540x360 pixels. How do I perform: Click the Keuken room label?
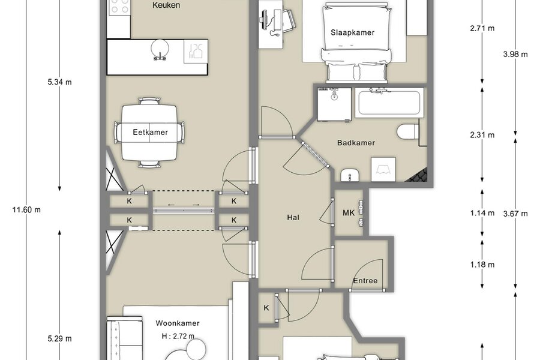[x=166, y=5]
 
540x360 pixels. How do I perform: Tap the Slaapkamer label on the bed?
[x=352, y=33]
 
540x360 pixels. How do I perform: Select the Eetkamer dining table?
[x=149, y=132]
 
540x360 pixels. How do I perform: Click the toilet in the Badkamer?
[x=407, y=132]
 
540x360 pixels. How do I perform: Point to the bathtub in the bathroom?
[x=389, y=103]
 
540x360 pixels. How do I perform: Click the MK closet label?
[x=349, y=213]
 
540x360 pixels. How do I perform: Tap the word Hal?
[x=293, y=217]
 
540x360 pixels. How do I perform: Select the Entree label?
[x=365, y=281]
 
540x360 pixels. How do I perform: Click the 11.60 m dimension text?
[x=26, y=209]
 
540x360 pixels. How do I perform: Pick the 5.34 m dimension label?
[x=59, y=82]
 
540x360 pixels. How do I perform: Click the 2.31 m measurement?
[x=482, y=135]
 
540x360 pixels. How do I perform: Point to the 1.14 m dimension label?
[x=482, y=213]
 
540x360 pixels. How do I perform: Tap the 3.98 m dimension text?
[x=515, y=54]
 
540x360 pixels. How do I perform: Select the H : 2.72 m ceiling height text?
[x=178, y=336]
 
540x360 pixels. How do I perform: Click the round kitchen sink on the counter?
[x=160, y=49]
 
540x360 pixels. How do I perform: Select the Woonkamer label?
[x=178, y=323]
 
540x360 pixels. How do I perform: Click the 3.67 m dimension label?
[x=515, y=214]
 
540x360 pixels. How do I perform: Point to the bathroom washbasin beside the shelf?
[x=350, y=175]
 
